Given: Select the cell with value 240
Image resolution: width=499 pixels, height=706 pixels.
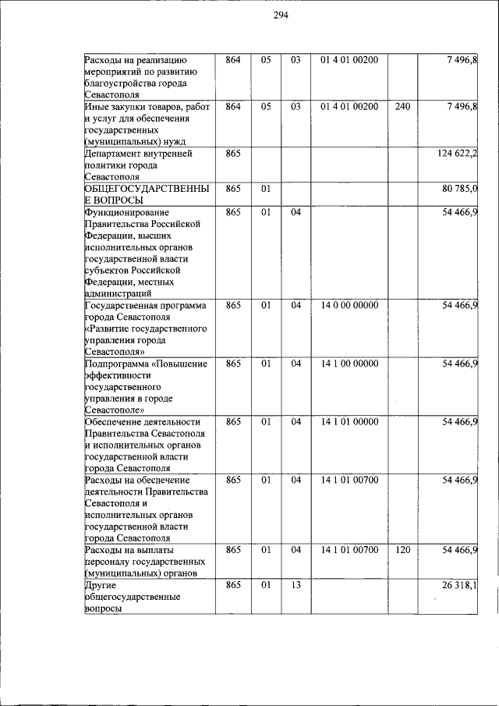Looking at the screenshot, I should [402, 106].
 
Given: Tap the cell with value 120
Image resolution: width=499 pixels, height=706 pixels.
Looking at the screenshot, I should [402, 550].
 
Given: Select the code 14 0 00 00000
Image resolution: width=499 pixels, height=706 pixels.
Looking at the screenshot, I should [349, 305].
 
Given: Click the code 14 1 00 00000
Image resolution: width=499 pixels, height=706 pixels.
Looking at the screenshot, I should [349, 364].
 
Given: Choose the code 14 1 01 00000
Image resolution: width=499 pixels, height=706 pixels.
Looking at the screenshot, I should [349, 422].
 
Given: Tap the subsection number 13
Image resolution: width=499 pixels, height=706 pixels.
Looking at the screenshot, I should [296, 585].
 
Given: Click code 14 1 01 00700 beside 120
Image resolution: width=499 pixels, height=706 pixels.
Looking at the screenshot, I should [349, 550].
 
